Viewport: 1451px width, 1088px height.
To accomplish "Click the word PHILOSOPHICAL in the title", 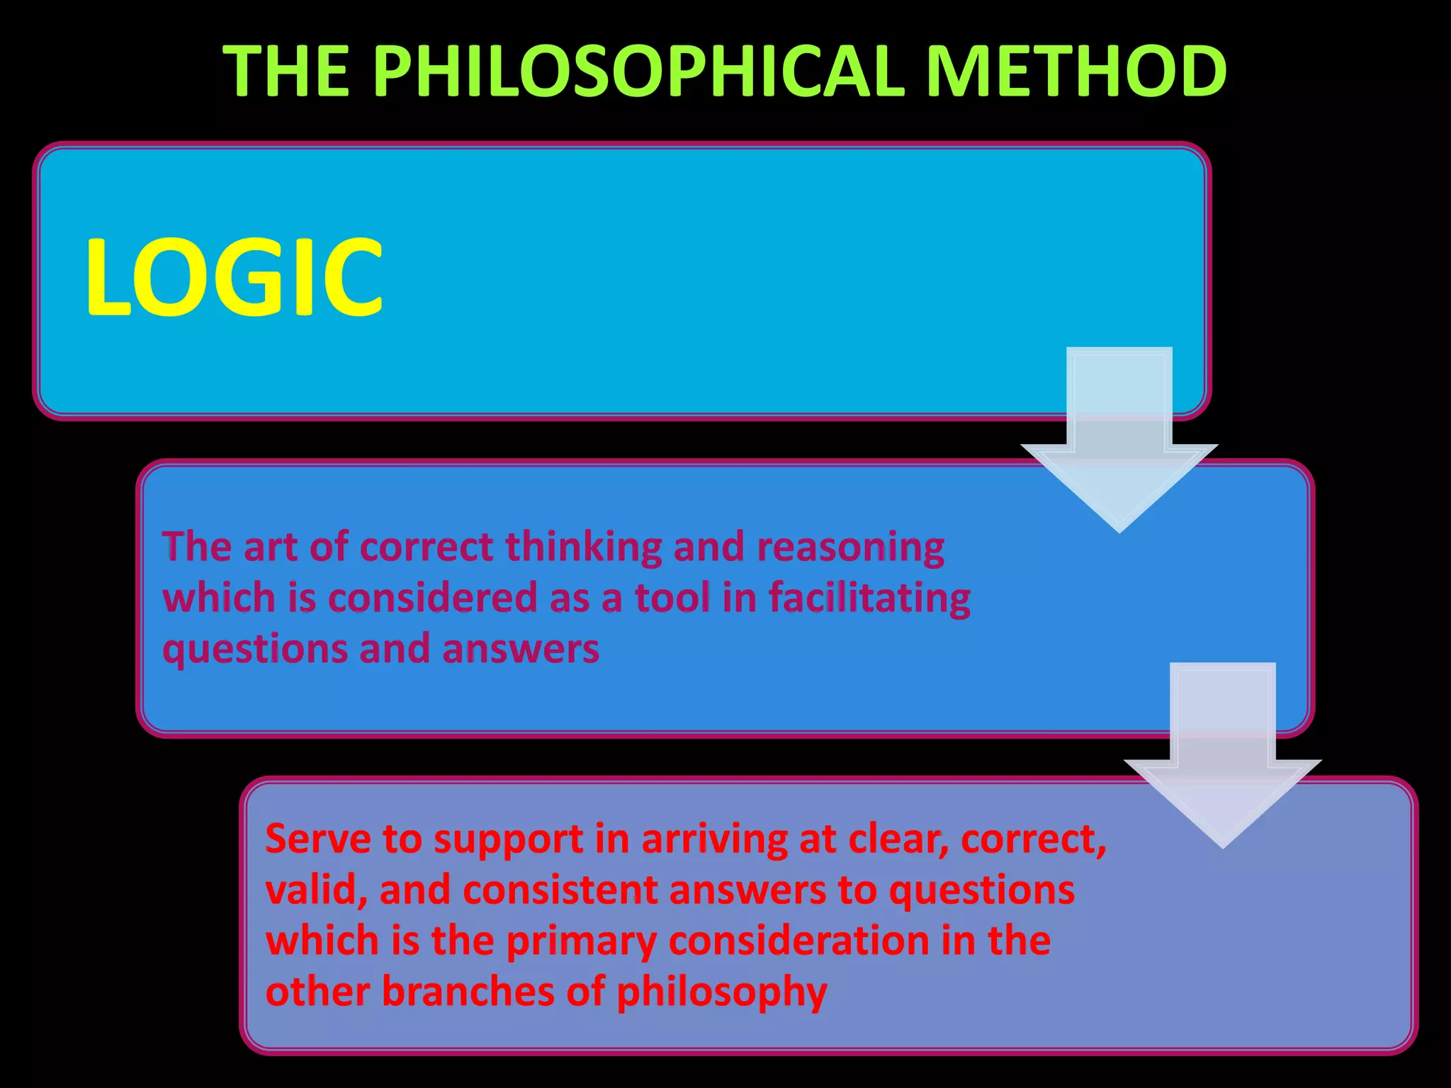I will coord(639,71).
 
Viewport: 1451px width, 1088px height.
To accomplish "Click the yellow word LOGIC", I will coord(234,278).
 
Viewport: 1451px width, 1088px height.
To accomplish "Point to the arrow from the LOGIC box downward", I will coord(1119,439).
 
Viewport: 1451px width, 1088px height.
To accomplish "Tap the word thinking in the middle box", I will coord(582,547).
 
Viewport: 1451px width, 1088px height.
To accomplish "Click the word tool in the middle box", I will coord(672,598).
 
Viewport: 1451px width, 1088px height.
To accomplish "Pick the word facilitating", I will coord(869,598).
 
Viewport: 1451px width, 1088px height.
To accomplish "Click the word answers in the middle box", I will coord(521,649).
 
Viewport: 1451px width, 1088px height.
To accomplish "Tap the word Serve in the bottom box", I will coord(318,839).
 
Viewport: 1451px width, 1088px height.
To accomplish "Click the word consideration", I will coord(798,941).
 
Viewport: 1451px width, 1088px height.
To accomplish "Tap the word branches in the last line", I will coord(468,992).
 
